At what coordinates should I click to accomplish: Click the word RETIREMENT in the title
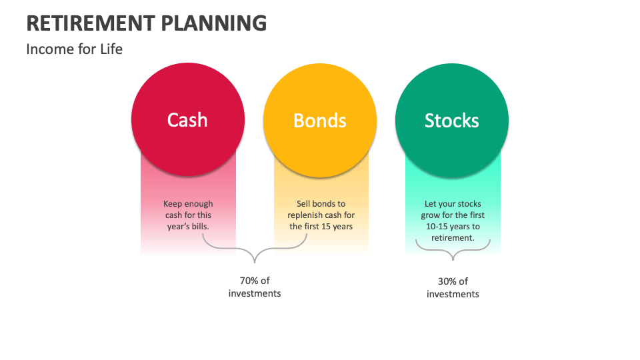point(91,23)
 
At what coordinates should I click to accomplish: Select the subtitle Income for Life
point(74,49)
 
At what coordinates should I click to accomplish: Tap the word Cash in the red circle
point(187,120)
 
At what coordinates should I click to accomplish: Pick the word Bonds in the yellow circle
point(320,120)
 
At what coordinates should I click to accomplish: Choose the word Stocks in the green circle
point(452,120)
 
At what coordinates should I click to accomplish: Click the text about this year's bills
point(187,215)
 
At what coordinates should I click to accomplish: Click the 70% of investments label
point(255,287)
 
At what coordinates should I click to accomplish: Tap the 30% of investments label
point(453,287)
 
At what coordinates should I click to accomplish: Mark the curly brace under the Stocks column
point(453,251)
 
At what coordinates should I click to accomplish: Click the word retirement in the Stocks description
point(453,238)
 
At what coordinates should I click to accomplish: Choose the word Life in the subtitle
point(111,49)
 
